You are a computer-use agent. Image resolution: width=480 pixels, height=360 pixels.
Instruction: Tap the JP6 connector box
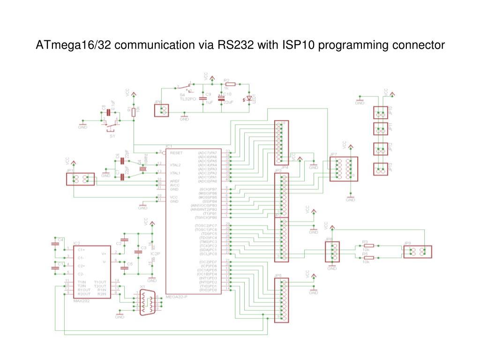(162, 110)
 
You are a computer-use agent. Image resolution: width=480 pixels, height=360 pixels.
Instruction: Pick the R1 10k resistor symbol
(134, 112)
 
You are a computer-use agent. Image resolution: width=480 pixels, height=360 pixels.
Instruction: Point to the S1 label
(112, 136)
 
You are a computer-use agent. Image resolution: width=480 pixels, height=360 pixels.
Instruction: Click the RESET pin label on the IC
(176, 153)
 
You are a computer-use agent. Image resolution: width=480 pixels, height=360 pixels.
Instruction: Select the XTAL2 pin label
(176, 165)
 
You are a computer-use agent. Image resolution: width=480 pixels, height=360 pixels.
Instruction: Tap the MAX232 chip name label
(82, 301)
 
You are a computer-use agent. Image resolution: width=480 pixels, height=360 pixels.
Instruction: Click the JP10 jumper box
(381, 112)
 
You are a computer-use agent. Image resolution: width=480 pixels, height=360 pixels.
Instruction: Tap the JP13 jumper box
(381, 169)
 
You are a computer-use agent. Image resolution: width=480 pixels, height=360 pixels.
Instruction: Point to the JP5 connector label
(278, 275)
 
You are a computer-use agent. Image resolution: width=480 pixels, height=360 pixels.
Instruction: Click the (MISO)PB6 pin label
(208, 193)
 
